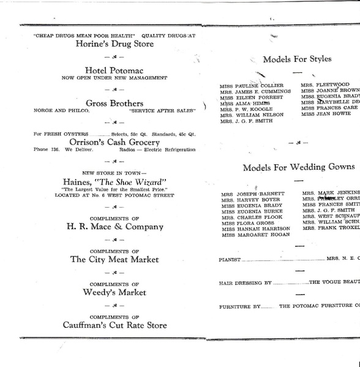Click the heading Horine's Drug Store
[x=114, y=44]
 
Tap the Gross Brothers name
[x=114, y=103]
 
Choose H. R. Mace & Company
[x=114, y=227]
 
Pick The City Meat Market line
[x=114, y=259]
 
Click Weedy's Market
[x=114, y=292]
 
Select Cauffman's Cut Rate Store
[x=114, y=325]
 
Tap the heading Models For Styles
[x=297, y=59]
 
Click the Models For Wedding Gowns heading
[x=298, y=167]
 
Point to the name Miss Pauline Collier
[x=251, y=85]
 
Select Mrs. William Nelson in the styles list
[x=252, y=115]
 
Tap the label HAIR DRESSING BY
[x=244, y=284]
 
